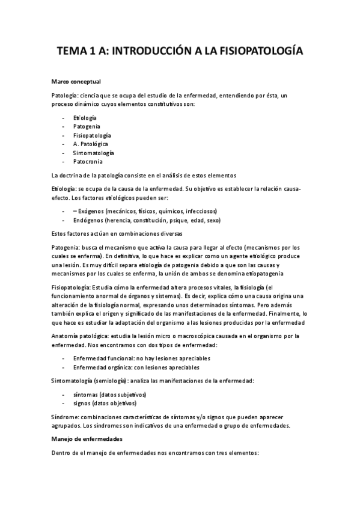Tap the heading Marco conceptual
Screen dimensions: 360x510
point(76,81)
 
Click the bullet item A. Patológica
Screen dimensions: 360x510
point(91,144)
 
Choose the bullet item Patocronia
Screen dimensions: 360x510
point(88,161)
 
